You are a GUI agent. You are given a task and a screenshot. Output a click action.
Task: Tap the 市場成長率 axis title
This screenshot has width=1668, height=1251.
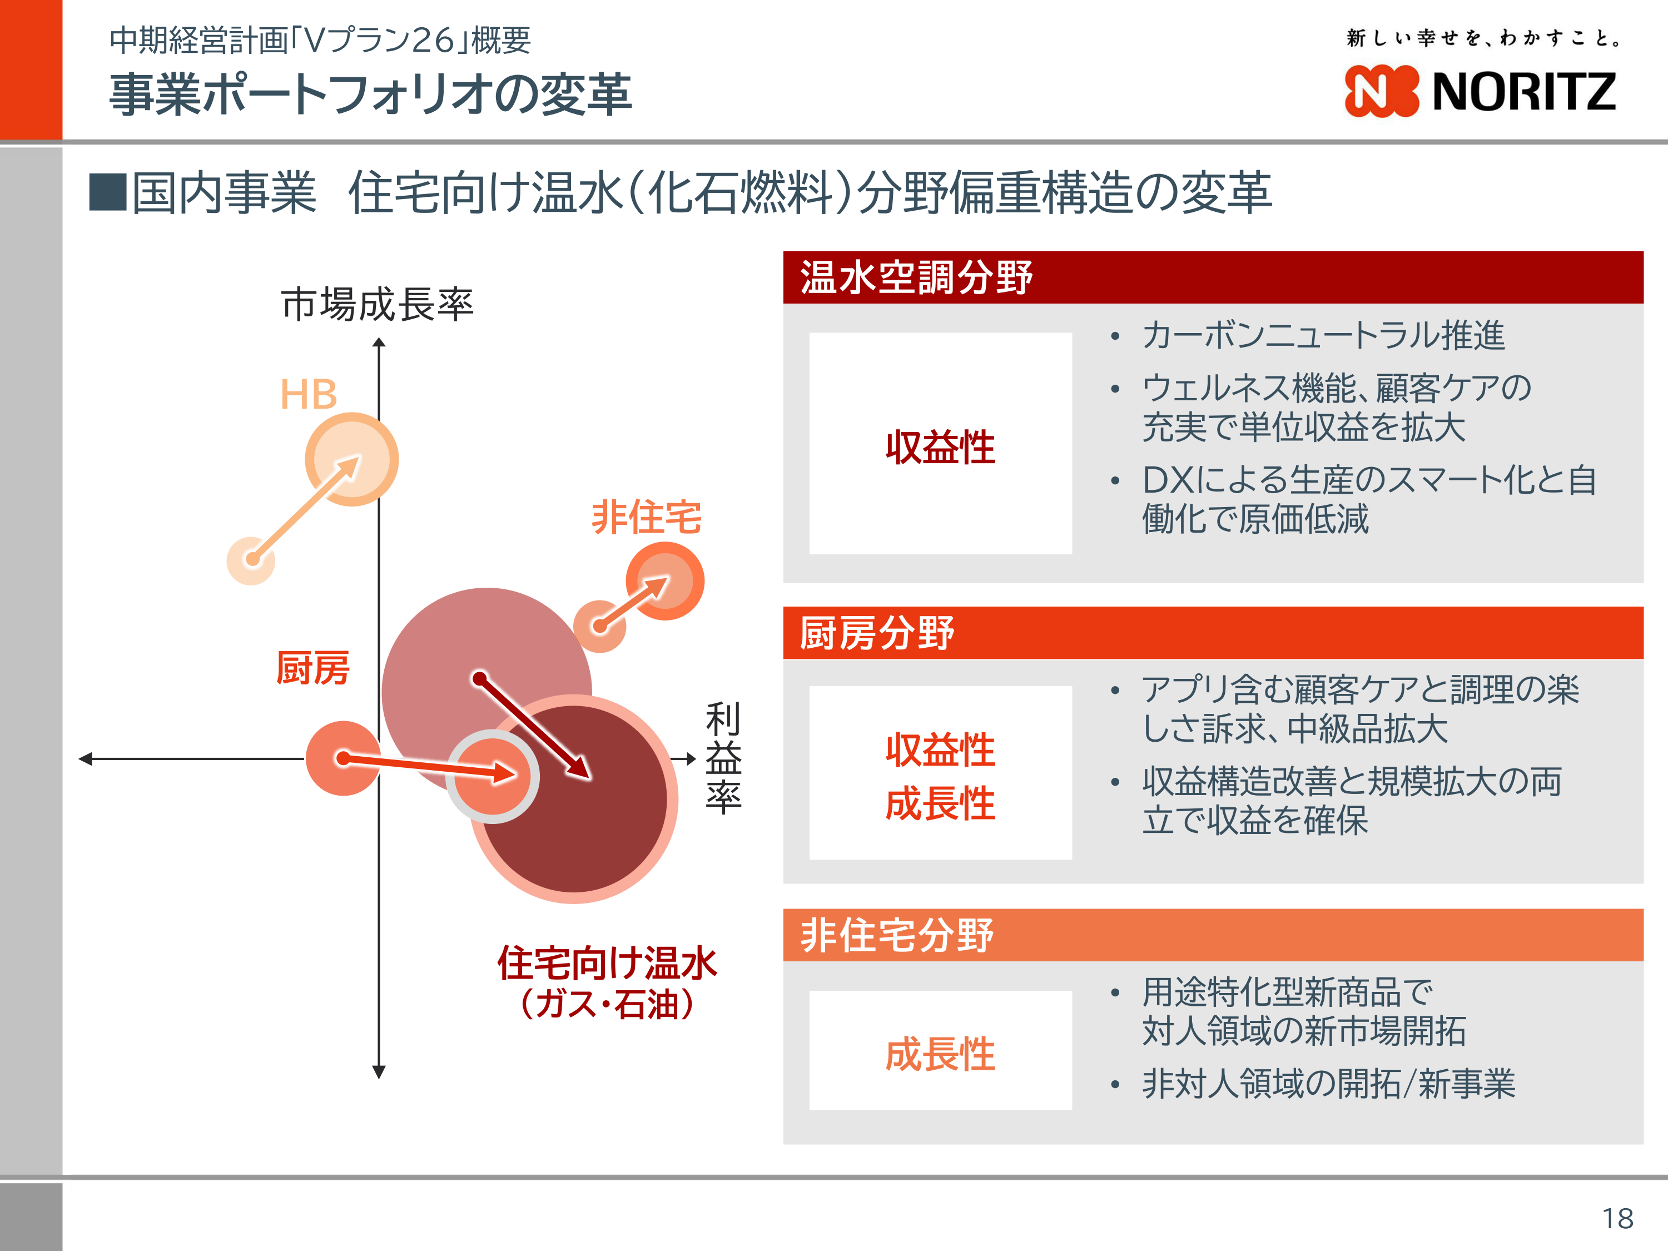[x=378, y=305]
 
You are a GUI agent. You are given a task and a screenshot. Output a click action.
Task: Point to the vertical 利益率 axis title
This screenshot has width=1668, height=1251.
[x=723, y=757]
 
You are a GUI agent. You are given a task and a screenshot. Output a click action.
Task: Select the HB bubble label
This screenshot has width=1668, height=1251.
[x=309, y=394]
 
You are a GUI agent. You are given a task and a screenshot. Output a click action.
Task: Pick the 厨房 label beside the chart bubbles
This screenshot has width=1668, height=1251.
[x=313, y=668]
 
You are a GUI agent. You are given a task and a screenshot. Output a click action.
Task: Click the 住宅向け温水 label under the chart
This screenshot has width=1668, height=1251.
[x=607, y=963]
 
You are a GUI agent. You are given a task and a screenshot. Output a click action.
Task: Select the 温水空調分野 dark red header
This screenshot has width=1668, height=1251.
[x=1213, y=277]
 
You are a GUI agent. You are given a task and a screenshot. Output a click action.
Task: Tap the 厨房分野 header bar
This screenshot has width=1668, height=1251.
[x=1213, y=633]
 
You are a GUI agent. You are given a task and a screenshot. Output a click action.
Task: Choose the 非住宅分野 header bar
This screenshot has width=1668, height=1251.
[x=1213, y=935]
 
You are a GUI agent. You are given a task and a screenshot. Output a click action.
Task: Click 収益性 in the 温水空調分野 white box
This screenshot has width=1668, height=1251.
[x=940, y=447]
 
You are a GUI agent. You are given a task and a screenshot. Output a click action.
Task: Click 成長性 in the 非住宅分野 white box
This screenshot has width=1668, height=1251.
[x=940, y=1054]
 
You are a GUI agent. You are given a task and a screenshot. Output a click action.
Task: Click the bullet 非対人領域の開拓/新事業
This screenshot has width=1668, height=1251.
[x=1329, y=1084]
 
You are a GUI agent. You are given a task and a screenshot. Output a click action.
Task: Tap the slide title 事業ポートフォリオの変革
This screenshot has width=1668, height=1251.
[x=370, y=95]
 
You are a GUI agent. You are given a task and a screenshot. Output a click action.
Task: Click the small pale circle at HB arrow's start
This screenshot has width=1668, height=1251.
[x=251, y=560]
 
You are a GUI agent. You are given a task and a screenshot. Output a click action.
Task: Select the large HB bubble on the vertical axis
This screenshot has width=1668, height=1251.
[x=351, y=459]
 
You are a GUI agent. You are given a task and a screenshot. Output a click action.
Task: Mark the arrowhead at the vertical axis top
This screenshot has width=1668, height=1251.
[x=379, y=342]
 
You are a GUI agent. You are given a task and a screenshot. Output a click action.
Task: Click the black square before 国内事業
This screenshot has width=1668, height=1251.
[x=108, y=192]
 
